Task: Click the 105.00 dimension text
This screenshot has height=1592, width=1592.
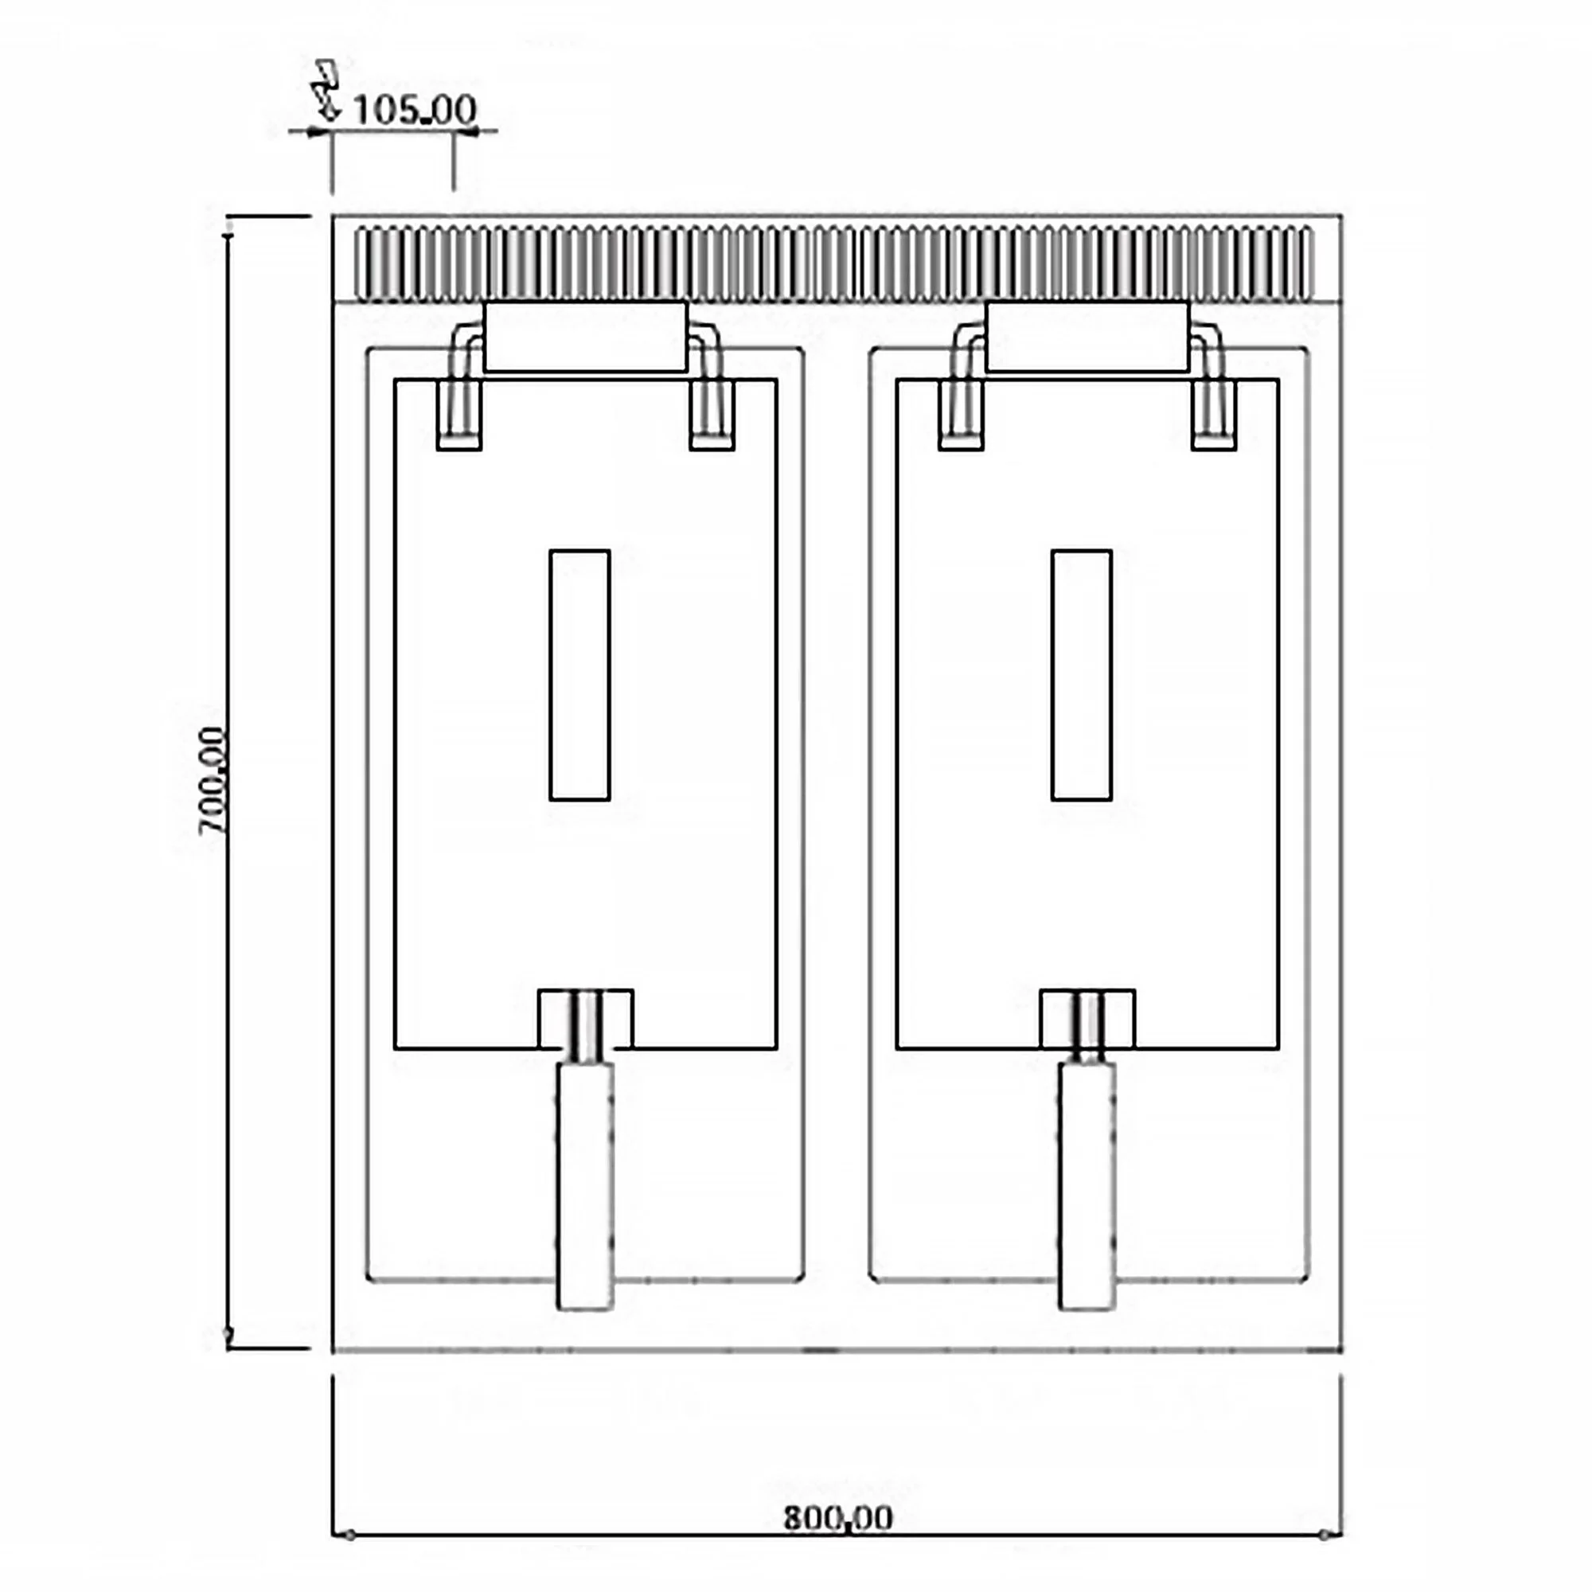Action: coord(415,110)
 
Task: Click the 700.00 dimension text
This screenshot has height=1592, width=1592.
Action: coord(213,780)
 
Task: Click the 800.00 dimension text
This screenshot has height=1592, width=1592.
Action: coord(837,1517)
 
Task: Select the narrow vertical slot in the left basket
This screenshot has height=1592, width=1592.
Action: coord(579,675)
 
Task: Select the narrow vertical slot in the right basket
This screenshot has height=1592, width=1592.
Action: coord(1081,675)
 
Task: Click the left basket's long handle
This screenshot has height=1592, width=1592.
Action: coord(585,1186)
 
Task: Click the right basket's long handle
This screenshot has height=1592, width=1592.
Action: coord(1087,1186)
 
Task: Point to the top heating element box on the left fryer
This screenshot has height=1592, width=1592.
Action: coord(585,337)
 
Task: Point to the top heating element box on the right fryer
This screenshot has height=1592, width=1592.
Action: coord(1087,337)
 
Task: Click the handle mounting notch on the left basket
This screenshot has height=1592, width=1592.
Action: coord(585,1019)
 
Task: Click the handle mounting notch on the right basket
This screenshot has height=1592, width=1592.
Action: coord(1087,1019)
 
